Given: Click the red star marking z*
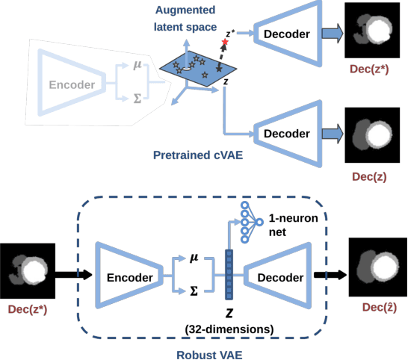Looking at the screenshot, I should [224, 40].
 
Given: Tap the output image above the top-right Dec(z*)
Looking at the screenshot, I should [375, 31].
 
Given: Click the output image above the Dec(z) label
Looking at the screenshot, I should [375, 134].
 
